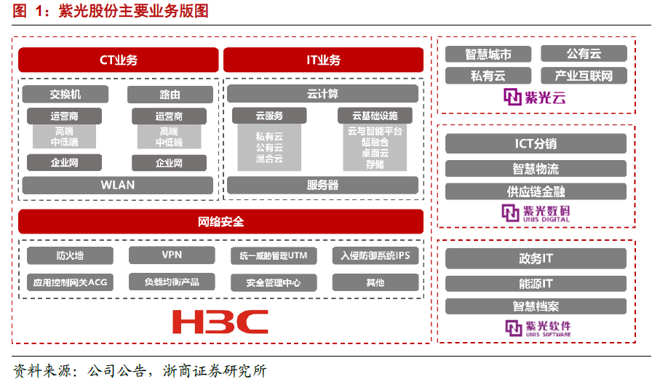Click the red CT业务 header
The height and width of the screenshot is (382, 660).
click(118, 60)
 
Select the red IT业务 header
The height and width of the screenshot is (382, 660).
click(323, 60)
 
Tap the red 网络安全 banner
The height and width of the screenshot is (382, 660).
click(220, 221)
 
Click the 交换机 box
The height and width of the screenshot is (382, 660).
click(65, 95)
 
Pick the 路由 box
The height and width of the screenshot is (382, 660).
click(170, 95)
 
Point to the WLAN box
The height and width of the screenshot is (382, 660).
click(118, 185)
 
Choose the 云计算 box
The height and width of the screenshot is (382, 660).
click(322, 94)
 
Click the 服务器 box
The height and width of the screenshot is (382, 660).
click(322, 185)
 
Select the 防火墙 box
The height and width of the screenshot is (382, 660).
click(70, 255)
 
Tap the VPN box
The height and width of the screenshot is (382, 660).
click(172, 255)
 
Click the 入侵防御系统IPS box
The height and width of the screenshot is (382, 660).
click(375, 255)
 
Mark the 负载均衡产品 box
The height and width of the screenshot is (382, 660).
click(172, 282)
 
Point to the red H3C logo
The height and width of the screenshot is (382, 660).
click(220, 321)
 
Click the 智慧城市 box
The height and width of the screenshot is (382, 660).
click(488, 54)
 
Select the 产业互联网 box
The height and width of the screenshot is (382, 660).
click(584, 76)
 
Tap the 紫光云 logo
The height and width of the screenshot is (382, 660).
click(536, 98)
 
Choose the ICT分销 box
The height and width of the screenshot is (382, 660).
click(536, 144)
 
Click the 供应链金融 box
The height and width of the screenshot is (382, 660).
click(536, 191)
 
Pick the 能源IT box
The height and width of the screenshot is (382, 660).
click(536, 283)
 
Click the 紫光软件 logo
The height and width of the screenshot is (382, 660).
click(536, 327)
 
